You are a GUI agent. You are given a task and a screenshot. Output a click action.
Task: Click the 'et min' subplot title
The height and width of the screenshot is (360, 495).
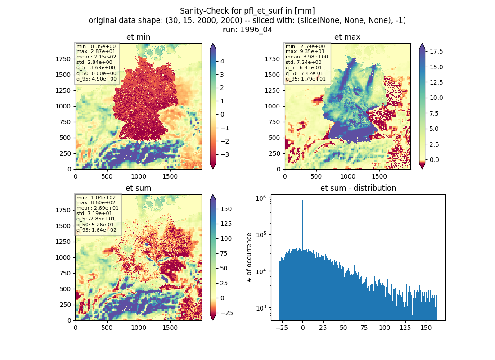point(138,37)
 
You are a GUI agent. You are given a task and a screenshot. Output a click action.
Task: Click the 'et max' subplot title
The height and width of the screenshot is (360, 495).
point(347,37)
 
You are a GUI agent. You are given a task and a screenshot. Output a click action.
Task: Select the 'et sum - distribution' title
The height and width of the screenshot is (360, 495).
point(358,188)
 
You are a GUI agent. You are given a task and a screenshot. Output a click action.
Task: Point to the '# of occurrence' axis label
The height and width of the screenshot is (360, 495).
point(249,258)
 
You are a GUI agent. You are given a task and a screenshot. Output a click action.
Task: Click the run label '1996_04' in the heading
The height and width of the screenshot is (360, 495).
point(256,30)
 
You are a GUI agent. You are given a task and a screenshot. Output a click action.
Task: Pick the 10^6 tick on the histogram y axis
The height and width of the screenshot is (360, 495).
point(261,198)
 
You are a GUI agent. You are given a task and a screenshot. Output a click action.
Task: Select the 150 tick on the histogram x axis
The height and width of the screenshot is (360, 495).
point(426,328)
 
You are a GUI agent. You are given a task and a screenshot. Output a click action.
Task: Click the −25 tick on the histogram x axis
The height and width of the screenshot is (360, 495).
point(282,328)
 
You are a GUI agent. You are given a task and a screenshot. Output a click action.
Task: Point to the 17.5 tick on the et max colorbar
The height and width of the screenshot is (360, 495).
point(436,51)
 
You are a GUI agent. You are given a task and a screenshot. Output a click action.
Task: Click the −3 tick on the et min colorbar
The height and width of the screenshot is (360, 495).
point(225,154)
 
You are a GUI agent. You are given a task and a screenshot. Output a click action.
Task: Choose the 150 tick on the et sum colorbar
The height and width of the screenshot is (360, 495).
point(226,209)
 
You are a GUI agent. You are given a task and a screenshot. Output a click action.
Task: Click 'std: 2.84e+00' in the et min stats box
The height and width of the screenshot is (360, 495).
point(94,62)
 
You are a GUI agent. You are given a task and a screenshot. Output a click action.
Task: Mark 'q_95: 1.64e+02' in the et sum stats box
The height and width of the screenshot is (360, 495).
point(96,230)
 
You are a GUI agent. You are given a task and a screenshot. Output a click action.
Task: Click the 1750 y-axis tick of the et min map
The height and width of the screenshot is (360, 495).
point(63,59)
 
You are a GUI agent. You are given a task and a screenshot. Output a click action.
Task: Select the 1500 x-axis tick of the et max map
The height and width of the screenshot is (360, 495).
point(379,176)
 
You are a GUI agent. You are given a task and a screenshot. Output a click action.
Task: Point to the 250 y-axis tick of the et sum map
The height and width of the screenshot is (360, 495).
point(65,305)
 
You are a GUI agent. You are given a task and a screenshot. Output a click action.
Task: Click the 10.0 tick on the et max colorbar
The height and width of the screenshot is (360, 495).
point(436,98)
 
